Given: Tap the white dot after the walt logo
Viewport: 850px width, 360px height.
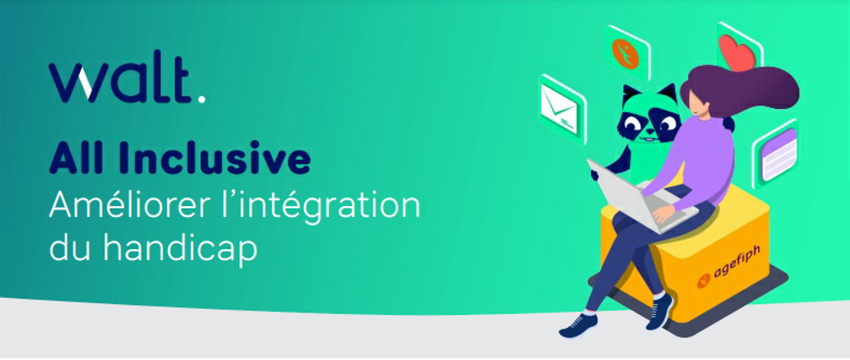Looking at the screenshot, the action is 201,98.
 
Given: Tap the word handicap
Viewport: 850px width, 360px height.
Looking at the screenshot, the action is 180,250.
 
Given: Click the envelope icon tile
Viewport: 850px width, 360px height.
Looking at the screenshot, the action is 561,108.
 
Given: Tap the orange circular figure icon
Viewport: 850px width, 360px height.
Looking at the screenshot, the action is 626,52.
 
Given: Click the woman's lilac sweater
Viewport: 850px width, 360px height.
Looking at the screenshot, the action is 699,163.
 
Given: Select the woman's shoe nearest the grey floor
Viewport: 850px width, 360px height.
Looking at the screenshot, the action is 578,325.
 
